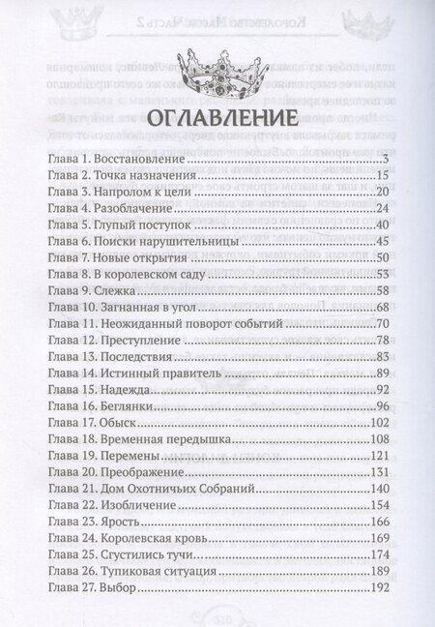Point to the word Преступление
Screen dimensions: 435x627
click(x=141, y=340)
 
